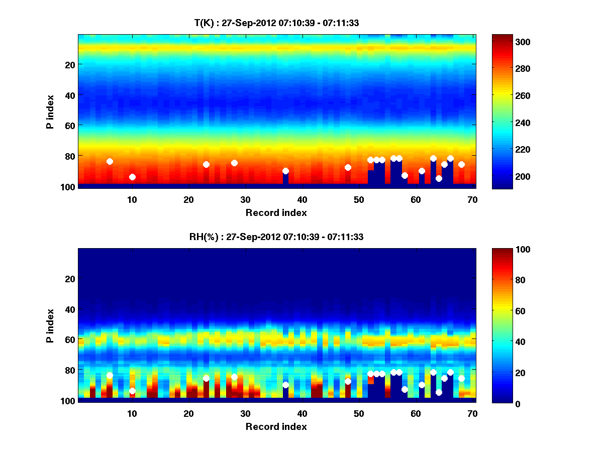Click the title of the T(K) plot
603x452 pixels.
click(276, 23)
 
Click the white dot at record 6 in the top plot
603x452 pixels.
click(110, 161)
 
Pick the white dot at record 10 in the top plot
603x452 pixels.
click(132, 177)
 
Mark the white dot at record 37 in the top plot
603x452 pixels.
click(285, 171)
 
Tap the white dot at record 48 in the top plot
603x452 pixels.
click(348, 167)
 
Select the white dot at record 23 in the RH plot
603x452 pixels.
click(206, 378)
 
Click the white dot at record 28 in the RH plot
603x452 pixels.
click(234, 377)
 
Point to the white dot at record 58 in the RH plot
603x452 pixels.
click(405, 389)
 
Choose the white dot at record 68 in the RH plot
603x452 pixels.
click(461, 378)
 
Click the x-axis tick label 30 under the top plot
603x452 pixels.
click(245, 199)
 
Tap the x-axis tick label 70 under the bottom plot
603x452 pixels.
click(472, 414)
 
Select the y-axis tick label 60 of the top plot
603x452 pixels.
click(70, 125)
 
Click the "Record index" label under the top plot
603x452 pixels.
click(276, 212)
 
